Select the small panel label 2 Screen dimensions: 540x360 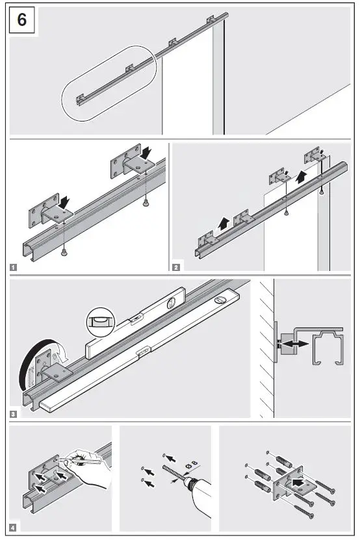pos(176,266)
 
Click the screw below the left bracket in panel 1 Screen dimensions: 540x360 pos(64,251)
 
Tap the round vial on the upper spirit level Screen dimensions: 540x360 pos(172,302)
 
